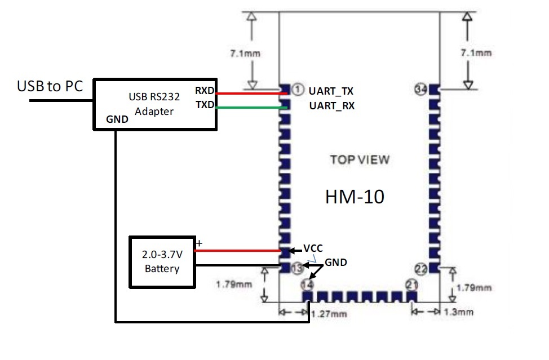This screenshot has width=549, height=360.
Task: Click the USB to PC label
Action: pos(50,87)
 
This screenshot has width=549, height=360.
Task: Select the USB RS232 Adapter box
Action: pos(156,105)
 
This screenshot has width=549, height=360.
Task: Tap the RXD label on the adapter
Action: pos(205,91)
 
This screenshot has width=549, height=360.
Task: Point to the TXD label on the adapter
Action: pos(205,104)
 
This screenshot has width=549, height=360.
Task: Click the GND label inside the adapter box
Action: pos(117,120)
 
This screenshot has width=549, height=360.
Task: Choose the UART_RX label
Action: pos(332,105)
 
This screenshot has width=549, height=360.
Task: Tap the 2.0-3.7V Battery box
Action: pos(162,261)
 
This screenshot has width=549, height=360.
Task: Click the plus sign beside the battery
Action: pos(198,243)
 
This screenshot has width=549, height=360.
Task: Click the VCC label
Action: pos(313,248)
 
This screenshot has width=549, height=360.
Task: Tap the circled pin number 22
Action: pos(420,269)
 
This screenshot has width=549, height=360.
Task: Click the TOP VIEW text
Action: pos(360,159)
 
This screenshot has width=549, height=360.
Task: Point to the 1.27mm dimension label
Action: pos(330,313)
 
